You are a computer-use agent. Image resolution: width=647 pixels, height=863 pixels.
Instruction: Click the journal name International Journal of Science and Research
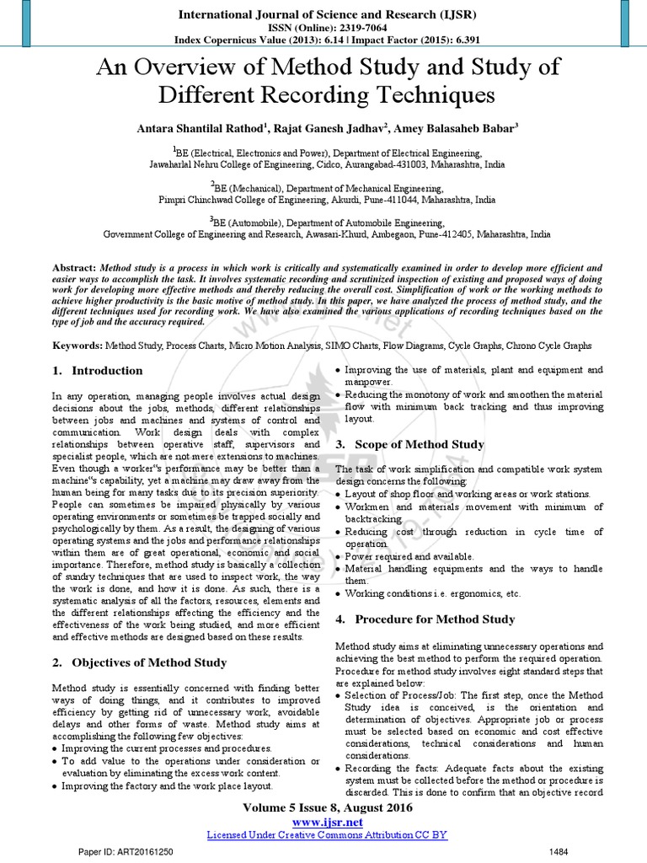tap(323, 13)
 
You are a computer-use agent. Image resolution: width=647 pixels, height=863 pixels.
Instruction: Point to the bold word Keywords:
tap(77, 346)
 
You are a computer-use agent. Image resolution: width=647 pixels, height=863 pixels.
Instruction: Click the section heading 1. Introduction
tap(97, 371)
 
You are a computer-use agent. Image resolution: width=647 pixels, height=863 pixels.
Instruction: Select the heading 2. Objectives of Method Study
tap(139, 662)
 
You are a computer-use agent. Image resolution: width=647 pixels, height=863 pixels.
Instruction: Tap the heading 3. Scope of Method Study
tap(409, 444)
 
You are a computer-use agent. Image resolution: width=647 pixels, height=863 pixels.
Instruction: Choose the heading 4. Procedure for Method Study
tap(425, 619)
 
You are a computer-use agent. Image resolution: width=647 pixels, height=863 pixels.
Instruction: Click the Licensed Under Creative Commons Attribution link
tap(326, 834)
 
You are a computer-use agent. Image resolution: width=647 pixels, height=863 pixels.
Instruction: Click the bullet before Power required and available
tap(339, 557)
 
